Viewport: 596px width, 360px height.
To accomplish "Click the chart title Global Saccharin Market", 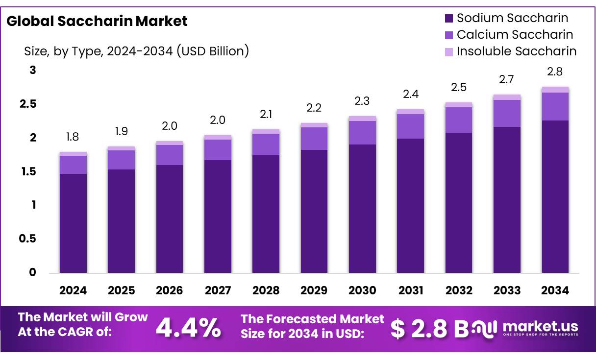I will click(x=97, y=21).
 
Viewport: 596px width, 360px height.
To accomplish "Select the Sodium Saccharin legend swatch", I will click(x=449, y=19).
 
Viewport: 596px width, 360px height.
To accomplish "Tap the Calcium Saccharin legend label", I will click(x=515, y=35).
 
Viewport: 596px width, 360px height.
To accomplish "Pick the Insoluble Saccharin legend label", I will click(x=517, y=51).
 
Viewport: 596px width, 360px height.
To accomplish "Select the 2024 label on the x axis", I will click(x=73, y=290).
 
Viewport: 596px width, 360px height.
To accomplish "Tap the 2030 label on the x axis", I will click(x=362, y=290).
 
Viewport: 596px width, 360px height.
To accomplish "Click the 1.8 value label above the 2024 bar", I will click(x=73, y=137).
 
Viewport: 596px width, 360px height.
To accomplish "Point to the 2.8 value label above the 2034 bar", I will click(x=555, y=72).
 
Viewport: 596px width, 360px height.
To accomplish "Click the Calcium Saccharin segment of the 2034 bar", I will click(x=555, y=106).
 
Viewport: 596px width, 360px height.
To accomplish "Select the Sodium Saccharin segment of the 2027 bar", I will click(x=218, y=216).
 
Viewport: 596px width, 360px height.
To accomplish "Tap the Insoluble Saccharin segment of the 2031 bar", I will click(x=411, y=112).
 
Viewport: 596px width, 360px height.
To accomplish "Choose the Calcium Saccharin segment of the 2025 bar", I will click(x=121, y=160).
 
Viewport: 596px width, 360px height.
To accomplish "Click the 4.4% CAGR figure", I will click(x=188, y=329).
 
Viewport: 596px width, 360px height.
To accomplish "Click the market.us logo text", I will click(x=540, y=327).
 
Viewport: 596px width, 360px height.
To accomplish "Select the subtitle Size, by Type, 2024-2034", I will click(x=137, y=51).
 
